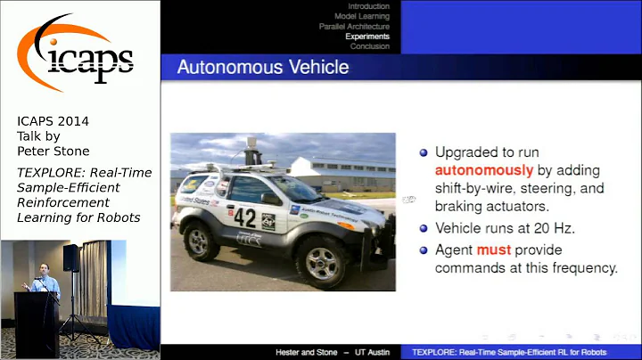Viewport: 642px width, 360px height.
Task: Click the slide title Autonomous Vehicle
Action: pyautogui.click(x=262, y=67)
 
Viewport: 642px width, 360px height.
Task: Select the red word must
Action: pyautogui.click(x=493, y=250)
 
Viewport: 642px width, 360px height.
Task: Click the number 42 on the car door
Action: pyautogui.click(x=244, y=217)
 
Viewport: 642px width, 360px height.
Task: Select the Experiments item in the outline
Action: pyautogui.click(x=367, y=37)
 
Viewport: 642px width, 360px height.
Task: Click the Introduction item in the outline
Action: pyautogui.click(x=368, y=6)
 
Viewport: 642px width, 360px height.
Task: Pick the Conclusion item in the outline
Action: pyautogui.click(x=369, y=46)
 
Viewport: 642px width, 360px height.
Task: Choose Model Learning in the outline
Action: pyautogui.click(x=361, y=16)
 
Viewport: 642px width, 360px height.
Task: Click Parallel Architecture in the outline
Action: pyautogui.click(x=354, y=27)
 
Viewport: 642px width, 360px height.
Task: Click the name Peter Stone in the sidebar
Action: pyautogui.click(x=53, y=151)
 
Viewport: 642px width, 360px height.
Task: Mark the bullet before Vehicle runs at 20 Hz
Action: pyautogui.click(x=424, y=227)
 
